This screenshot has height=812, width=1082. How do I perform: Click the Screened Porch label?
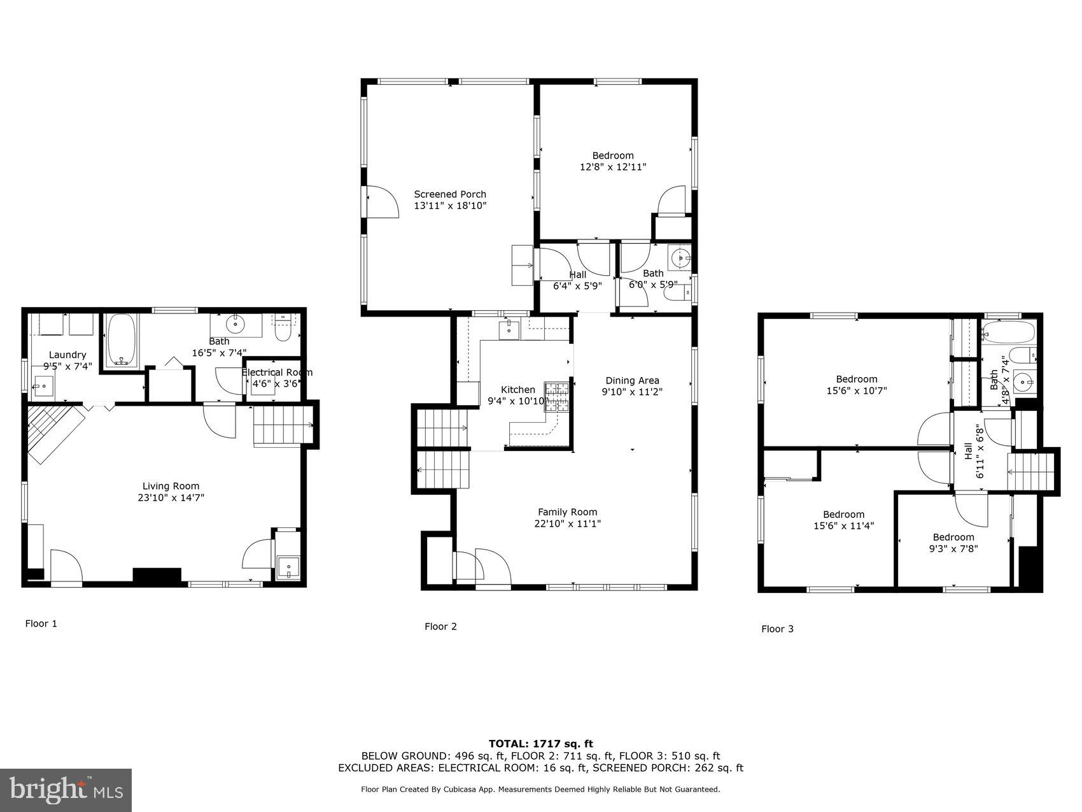pyautogui.click(x=450, y=194)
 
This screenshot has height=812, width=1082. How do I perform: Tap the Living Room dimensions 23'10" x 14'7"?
pyautogui.click(x=171, y=498)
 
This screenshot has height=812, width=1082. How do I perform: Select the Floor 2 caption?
pyautogui.click(x=440, y=627)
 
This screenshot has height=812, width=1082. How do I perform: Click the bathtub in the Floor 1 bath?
pyautogui.click(x=122, y=341)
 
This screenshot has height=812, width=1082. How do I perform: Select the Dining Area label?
pyautogui.click(x=632, y=381)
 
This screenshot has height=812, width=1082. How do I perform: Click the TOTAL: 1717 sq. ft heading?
pyautogui.click(x=540, y=743)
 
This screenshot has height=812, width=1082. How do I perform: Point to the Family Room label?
pyautogui.click(x=567, y=512)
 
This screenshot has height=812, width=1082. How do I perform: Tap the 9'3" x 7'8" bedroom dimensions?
pyautogui.click(x=953, y=548)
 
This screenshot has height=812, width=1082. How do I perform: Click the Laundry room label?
pyautogui.click(x=67, y=355)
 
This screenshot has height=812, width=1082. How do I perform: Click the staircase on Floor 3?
pyautogui.click(x=1032, y=471)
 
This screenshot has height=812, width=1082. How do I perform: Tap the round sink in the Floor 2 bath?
pyautogui.click(x=678, y=259)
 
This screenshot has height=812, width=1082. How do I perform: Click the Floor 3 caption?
pyautogui.click(x=777, y=629)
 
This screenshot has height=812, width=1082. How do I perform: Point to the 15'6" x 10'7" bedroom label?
pyautogui.click(x=856, y=379)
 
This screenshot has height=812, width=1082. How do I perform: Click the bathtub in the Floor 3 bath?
pyautogui.click(x=1008, y=331)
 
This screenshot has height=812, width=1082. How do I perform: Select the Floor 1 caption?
pyautogui.click(x=41, y=623)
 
